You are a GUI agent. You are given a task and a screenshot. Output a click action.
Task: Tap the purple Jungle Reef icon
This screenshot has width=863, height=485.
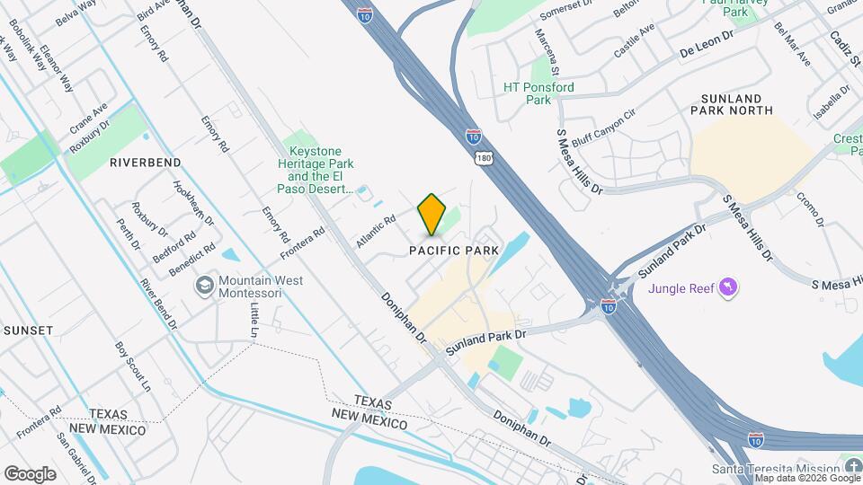click(729, 288)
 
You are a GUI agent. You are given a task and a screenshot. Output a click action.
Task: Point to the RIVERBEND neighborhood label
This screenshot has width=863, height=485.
click(146, 163)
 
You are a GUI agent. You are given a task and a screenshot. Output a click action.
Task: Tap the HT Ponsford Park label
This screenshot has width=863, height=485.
click(538, 93)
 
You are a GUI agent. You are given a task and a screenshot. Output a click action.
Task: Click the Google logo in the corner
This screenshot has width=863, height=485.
click(30, 473)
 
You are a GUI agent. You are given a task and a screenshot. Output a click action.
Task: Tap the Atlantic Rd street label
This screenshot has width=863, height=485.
click(376, 232)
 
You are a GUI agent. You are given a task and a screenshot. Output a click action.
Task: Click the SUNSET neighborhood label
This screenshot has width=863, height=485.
click(29, 331)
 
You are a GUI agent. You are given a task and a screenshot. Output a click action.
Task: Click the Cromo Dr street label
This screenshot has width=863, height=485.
click(810, 208)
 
